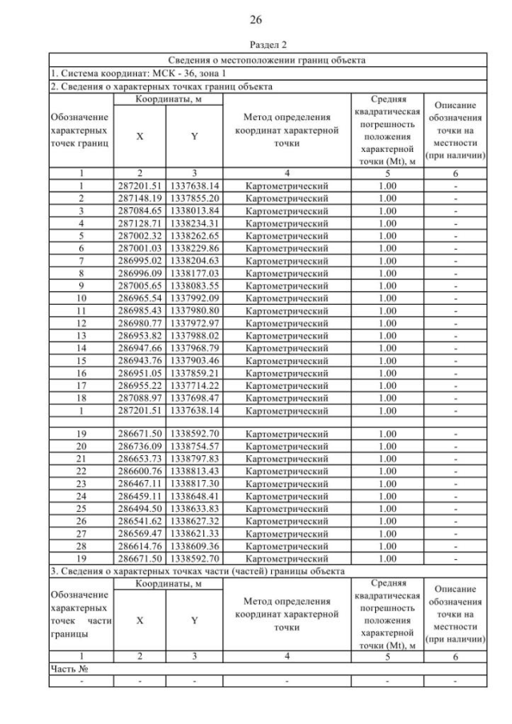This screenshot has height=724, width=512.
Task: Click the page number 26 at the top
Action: click(x=256, y=19)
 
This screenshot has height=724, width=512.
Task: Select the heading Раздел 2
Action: click(x=256, y=46)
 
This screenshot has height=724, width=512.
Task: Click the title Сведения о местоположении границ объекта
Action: click(x=267, y=60)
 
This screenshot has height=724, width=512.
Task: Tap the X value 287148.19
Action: click(x=140, y=198)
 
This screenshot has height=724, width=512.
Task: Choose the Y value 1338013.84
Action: click(x=194, y=210)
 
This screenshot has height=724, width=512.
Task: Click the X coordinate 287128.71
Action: click(x=140, y=222)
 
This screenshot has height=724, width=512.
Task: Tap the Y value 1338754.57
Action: click(x=194, y=445)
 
